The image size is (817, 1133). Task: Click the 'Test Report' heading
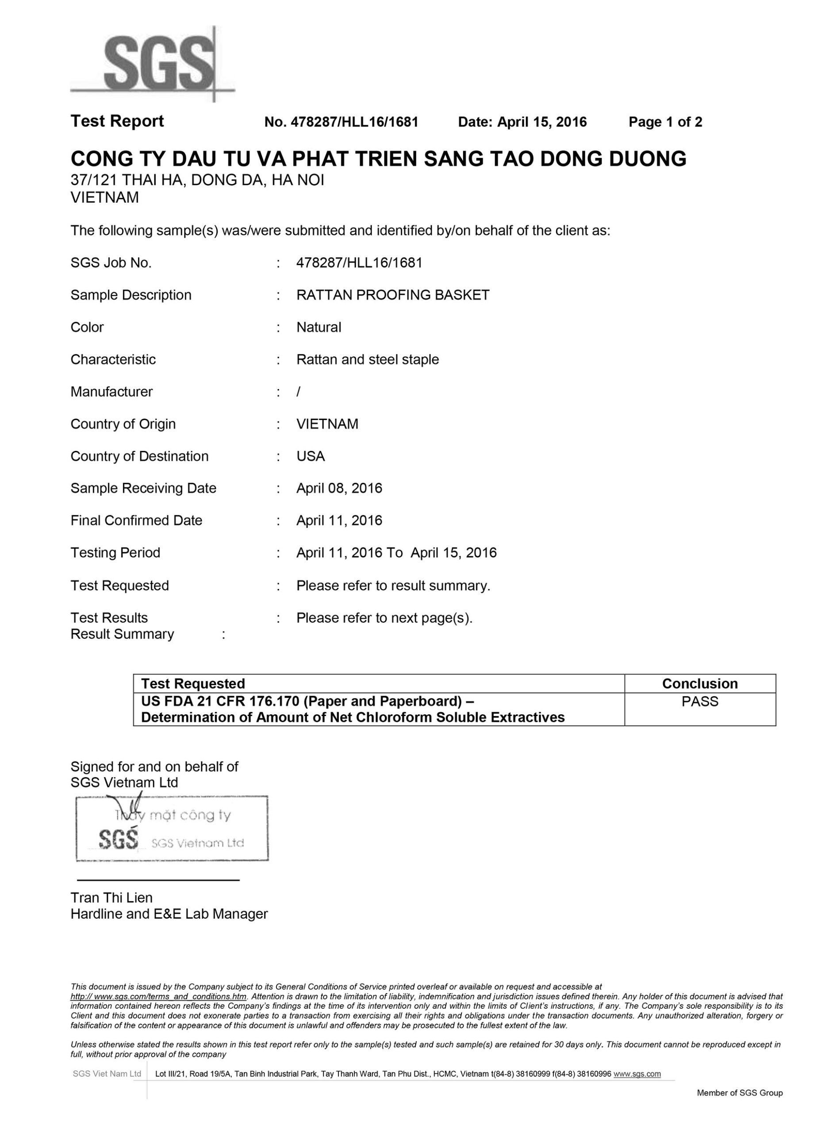click(x=117, y=121)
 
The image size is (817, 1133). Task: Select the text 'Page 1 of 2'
click(x=665, y=122)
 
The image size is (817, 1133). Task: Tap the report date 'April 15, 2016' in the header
click(x=542, y=122)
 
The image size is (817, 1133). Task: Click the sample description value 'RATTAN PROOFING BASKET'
click(x=392, y=295)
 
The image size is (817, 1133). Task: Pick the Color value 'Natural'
click(x=318, y=328)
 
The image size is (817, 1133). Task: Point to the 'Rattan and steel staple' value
click(x=368, y=360)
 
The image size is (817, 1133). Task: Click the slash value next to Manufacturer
click(x=298, y=392)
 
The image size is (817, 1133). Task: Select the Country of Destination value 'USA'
click(x=310, y=457)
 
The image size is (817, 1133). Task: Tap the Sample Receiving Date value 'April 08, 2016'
click(x=339, y=489)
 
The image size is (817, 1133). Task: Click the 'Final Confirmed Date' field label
click(x=136, y=520)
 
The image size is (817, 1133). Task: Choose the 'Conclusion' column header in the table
click(x=700, y=684)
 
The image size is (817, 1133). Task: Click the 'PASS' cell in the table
click(x=700, y=702)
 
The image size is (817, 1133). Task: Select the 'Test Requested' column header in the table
click(x=193, y=684)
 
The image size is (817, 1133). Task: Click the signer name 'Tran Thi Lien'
click(x=111, y=898)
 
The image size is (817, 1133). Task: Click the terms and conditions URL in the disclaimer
click(x=159, y=997)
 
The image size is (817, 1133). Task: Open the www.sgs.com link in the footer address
click(x=637, y=1074)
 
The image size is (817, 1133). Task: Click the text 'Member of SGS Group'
click(x=740, y=1093)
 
